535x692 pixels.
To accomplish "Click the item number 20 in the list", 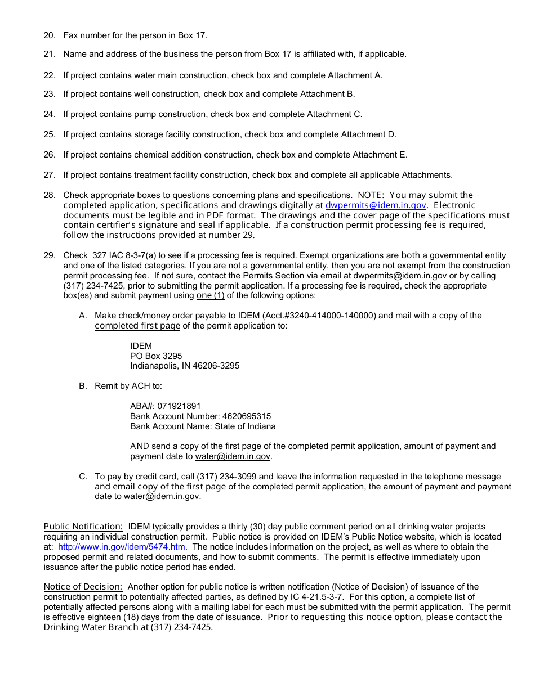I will pyautogui.click(x=49, y=35).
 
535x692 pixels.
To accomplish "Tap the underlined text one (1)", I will pyautogui.click(x=210, y=295).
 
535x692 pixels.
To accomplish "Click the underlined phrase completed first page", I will pyautogui.click(x=137, y=326).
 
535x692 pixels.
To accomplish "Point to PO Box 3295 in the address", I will pyautogui.click(x=156, y=356).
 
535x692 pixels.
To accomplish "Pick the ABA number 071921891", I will pyautogui.click(x=179, y=406).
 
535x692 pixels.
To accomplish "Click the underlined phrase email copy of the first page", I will pyautogui.click(x=169, y=487).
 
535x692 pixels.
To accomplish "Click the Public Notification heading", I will pyautogui.click(x=83, y=527).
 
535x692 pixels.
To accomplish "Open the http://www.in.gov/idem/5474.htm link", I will pyautogui.click(x=121, y=547).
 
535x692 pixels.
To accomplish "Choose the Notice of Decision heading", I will pyautogui.click(x=83, y=587).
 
